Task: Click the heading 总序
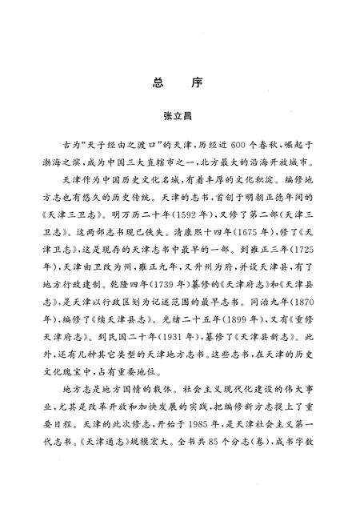click(x=179, y=83)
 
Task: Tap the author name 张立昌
click(x=179, y=116)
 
